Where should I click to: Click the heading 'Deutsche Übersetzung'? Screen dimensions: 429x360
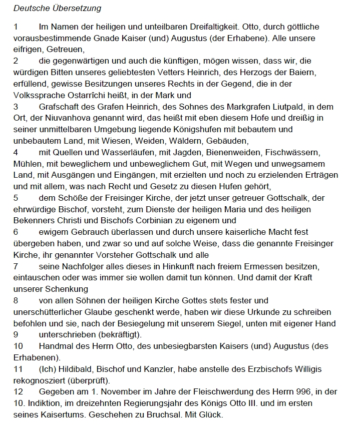(x=57, y=9)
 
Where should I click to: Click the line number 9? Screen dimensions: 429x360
(x=16, y=334)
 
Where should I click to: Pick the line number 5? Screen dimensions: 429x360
(x=16, y=198)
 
